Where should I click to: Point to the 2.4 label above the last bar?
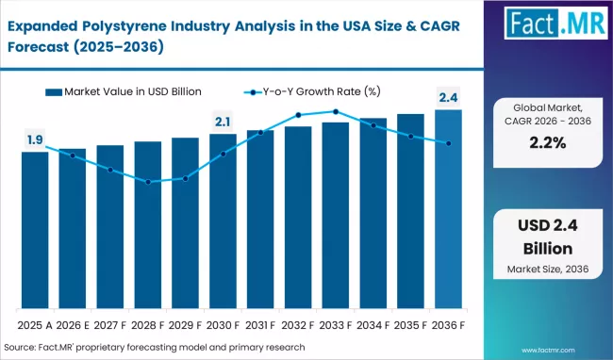pyautogui.click(x=448, y=97)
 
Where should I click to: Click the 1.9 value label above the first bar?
pyautogui.click(x=34, y=140)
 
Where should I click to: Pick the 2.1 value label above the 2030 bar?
pyautogui.click(x=223, y=122)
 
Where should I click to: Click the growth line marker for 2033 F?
pyautogui.click(x=335, y=111)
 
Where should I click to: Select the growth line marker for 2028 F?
pyautogui.click(x=148, y=182)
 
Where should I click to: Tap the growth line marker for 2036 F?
pyautogui.click(x=448, y=143)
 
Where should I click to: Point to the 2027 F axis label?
pyautogui.click(x=109, y=324)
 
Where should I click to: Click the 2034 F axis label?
pyautogui.click(x=373, y=324)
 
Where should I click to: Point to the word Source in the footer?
pyautogui.click(x=22, y=348)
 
